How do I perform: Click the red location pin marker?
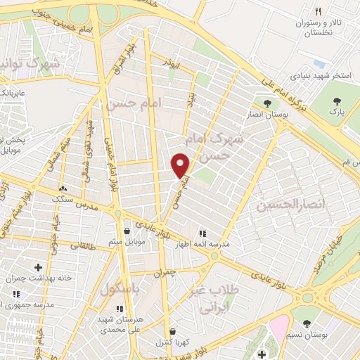181,165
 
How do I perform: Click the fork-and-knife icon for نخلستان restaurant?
319,11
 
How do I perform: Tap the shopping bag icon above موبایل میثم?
127,231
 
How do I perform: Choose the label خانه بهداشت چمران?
46,278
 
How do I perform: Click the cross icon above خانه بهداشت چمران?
38,267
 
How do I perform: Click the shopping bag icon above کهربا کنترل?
173,331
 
